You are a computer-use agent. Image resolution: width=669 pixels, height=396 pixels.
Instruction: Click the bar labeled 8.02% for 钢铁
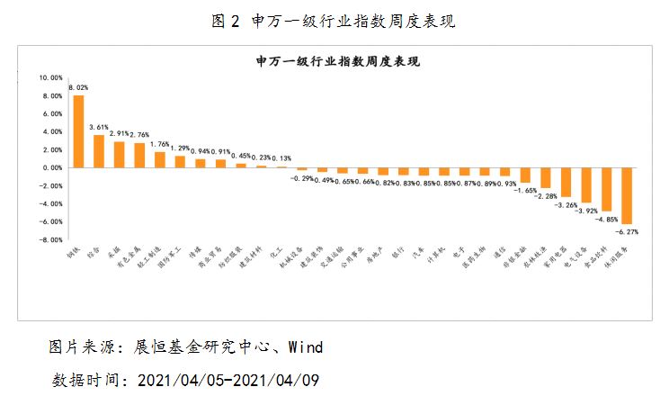(x=78, y=131)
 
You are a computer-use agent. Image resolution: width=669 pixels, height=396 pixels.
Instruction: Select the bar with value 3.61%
(x=99, y=151)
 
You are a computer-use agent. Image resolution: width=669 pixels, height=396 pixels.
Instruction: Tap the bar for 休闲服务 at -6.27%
(x=627, y=195)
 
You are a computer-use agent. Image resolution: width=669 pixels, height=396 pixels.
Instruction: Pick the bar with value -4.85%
(x=607, y=189)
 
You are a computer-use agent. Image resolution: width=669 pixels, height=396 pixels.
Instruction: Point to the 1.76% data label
(x=159, y=144)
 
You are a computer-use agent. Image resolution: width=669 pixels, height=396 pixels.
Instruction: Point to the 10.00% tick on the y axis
(x=49, y=77)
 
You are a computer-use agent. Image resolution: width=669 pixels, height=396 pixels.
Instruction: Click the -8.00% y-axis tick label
(x=49, y=239)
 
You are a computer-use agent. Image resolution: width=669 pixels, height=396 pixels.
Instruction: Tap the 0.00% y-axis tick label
(x=51, y=167)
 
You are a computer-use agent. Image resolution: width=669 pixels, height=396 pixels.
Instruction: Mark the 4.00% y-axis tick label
(x=51, y=131)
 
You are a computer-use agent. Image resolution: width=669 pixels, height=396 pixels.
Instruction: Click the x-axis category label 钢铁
(x=73, y=256)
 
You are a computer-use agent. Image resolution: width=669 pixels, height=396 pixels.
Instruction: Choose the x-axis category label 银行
(x=403, y=256)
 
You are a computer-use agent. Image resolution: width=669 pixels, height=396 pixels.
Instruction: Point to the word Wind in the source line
(x=303, y=346)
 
